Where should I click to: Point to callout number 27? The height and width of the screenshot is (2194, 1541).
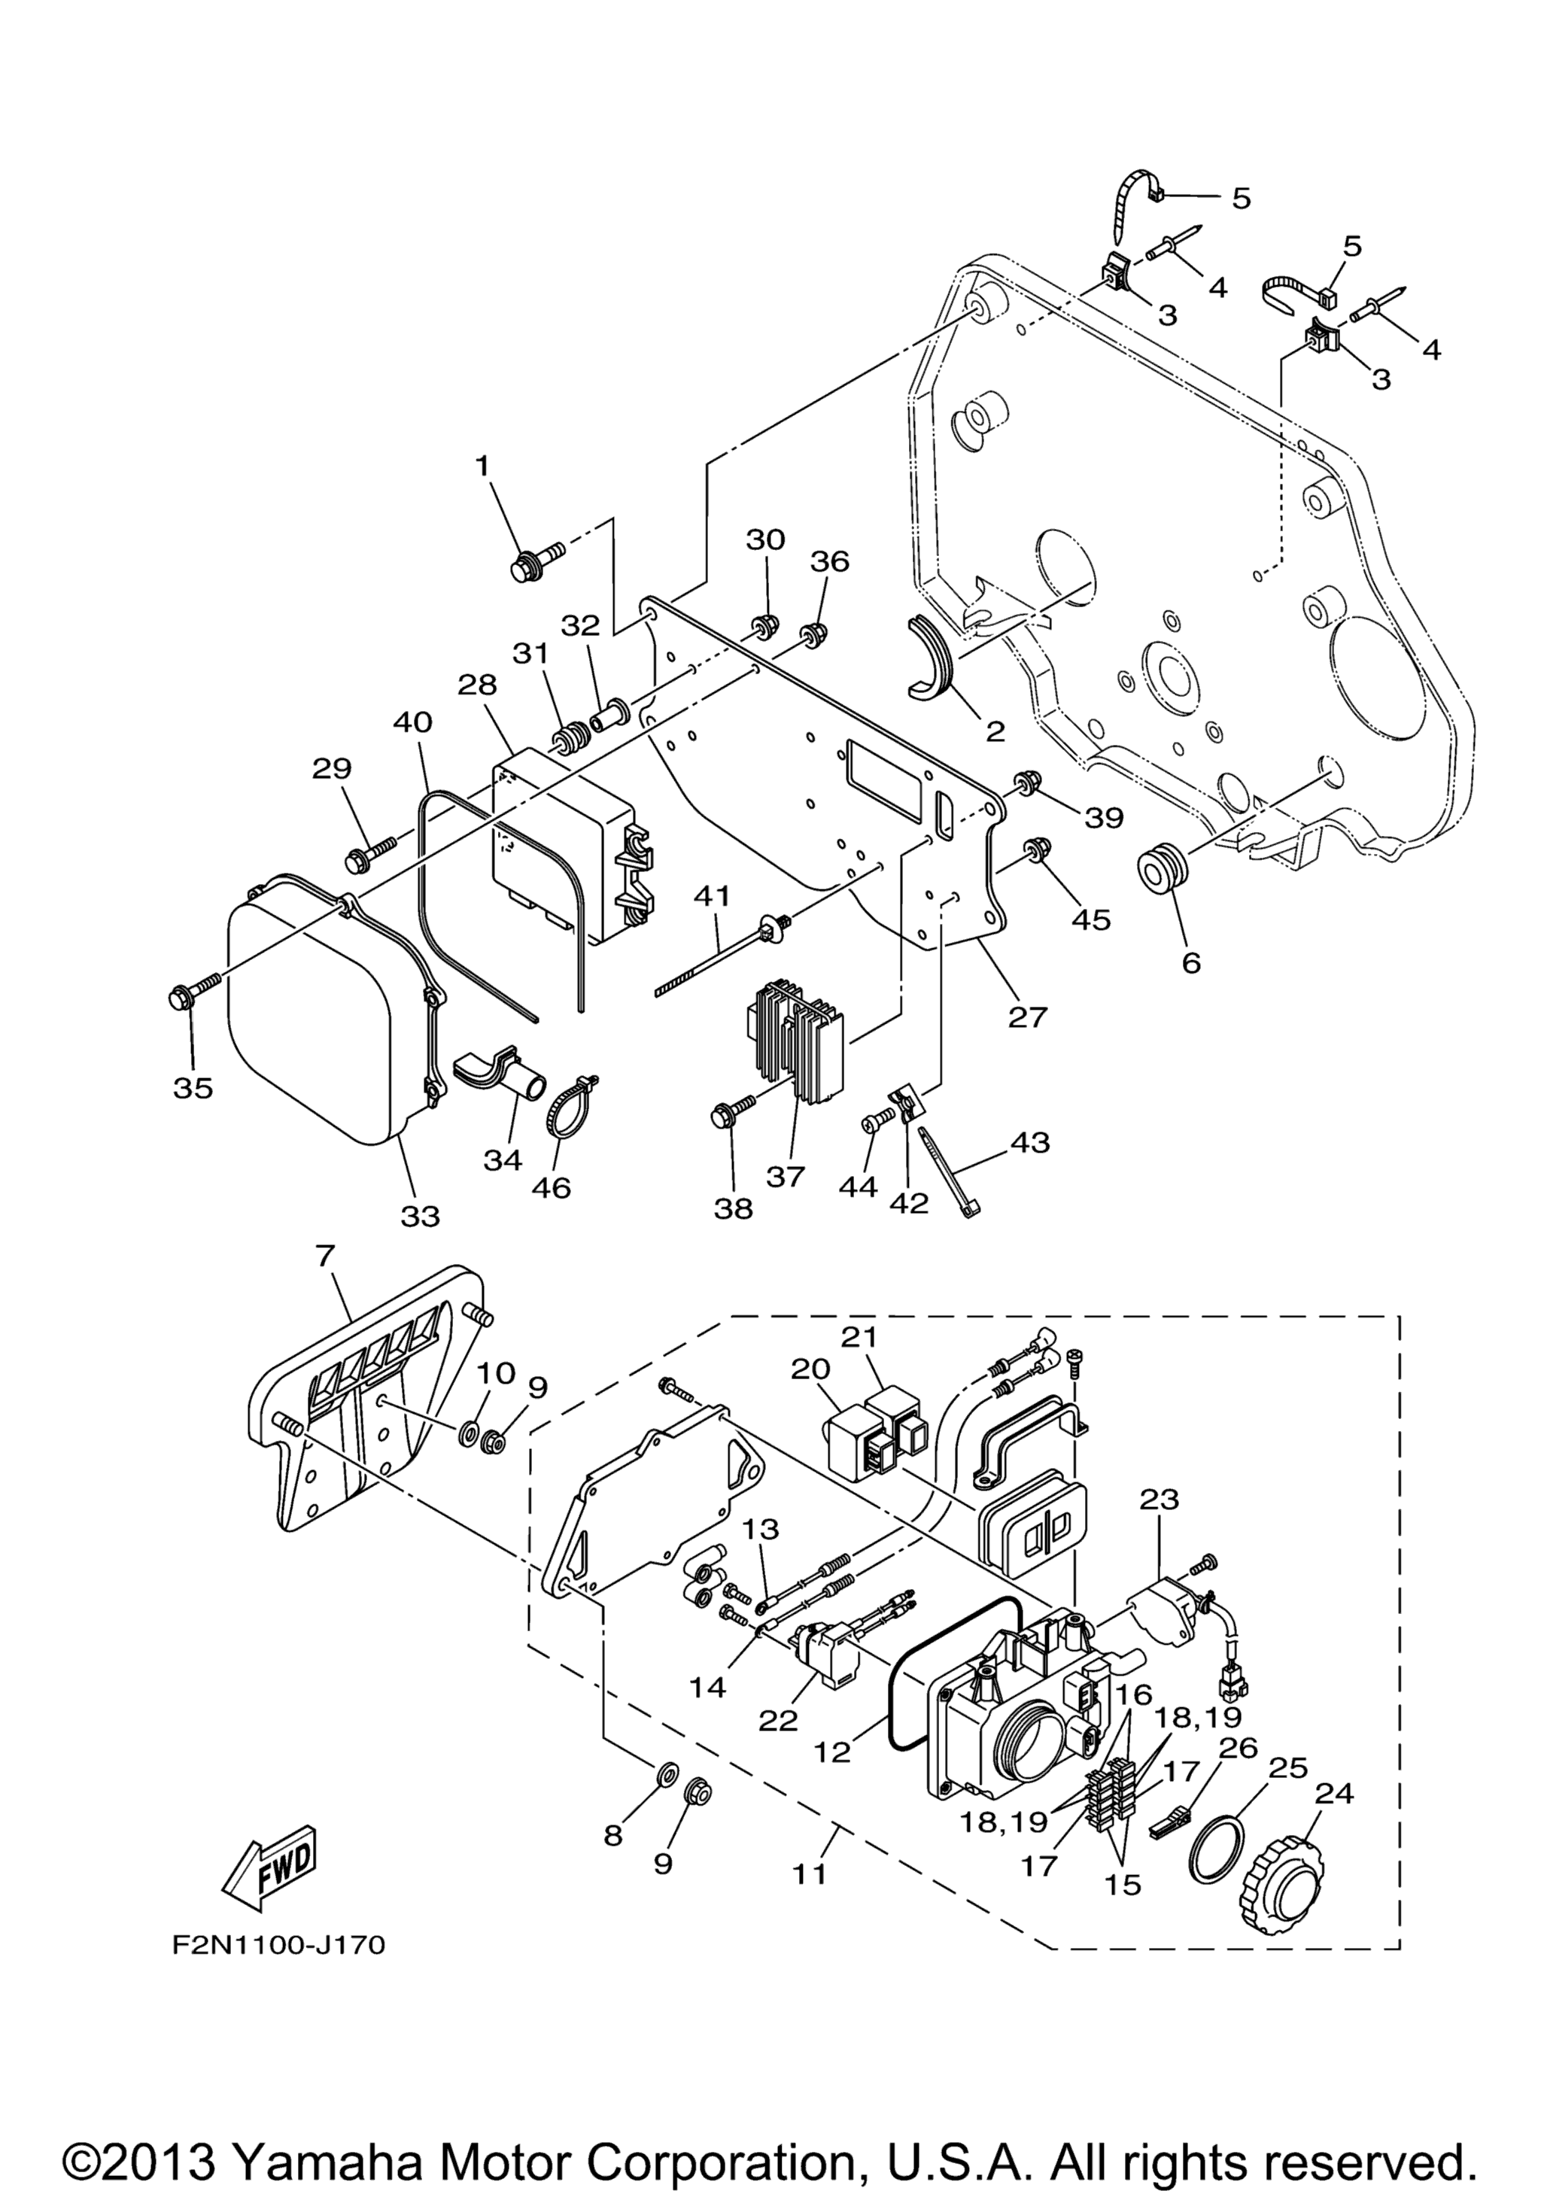1027,1016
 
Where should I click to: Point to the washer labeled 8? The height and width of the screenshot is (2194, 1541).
665,1776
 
